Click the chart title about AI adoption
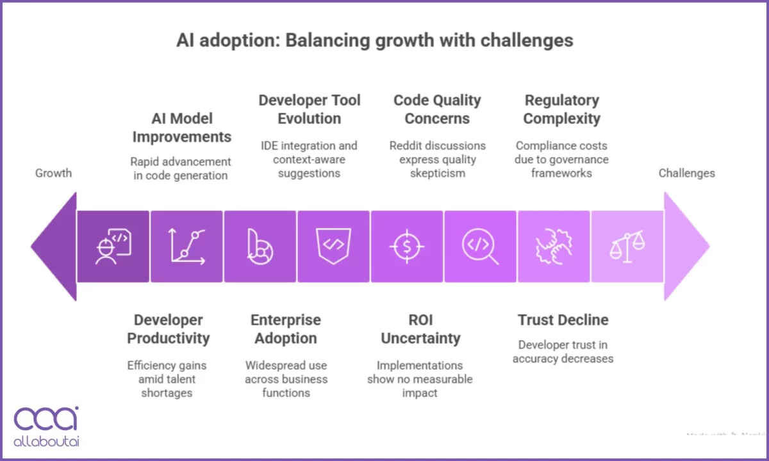(375, 41)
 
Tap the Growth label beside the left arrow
(53, 173)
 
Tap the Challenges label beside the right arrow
(686, 173)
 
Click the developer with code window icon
(113, 247)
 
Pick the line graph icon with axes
(186, 247)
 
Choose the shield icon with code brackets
(333, 247)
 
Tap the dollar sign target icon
(406, 247)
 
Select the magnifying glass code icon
(480, 247)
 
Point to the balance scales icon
(627, 247)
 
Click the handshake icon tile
(553, 247)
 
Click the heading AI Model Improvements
(182, 127)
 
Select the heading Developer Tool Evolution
(310, 109)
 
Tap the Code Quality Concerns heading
(437, 109)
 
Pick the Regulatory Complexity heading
(561, 109)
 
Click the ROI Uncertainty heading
(420, 329)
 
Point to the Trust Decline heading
(563, 320)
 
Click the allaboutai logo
(46, 426)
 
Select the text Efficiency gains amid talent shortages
(167, 379)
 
